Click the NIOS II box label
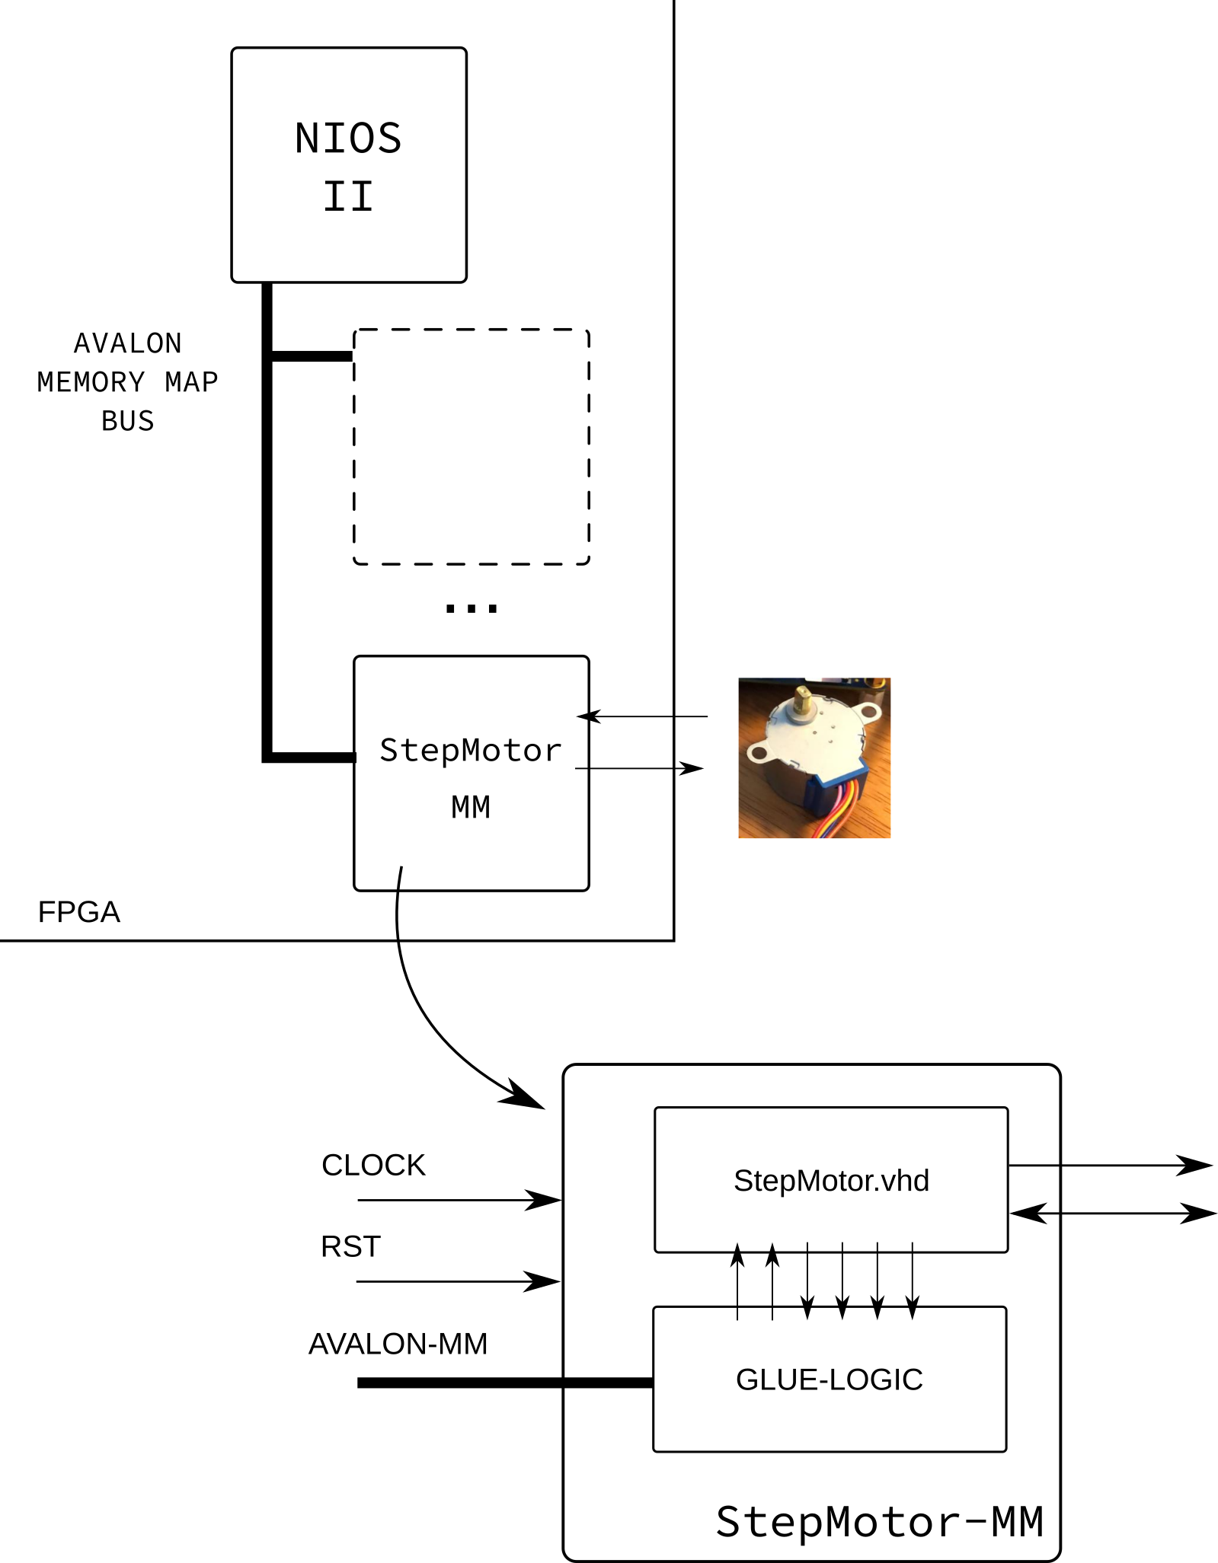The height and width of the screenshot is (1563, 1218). tap(348, 167)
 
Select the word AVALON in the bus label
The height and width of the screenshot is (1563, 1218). tap(128, 343)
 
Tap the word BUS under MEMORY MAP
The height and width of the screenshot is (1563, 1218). tap(128, 421)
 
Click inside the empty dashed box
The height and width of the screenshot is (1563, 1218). tap(471, 447)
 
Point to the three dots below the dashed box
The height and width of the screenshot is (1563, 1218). tap(471, 608)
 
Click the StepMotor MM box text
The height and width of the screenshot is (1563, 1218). tap(471, 778)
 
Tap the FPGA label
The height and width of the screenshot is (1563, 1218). tap(79, 911)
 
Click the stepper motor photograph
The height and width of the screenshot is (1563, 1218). tap(814, 758)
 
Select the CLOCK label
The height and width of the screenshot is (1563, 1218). tap(373, 1165)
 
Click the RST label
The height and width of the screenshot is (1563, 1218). tap(350, 1246)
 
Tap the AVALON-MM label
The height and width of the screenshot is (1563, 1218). tap(398, 1344)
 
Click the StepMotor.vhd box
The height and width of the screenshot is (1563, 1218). tap(831, 1179)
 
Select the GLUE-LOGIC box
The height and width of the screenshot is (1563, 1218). tap(830, 1379)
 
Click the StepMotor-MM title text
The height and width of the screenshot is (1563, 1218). tap(880, 1522)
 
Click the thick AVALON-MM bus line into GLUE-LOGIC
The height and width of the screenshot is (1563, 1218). tap(505, 1383)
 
